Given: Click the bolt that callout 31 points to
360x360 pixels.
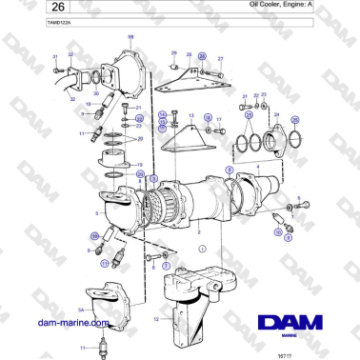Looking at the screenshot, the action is tap(56, 70).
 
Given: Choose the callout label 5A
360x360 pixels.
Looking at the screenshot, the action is tap(81, 310).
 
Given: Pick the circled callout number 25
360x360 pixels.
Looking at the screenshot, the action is tap(294, 119).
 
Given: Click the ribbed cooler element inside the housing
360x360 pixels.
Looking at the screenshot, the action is tap(168, 205).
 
